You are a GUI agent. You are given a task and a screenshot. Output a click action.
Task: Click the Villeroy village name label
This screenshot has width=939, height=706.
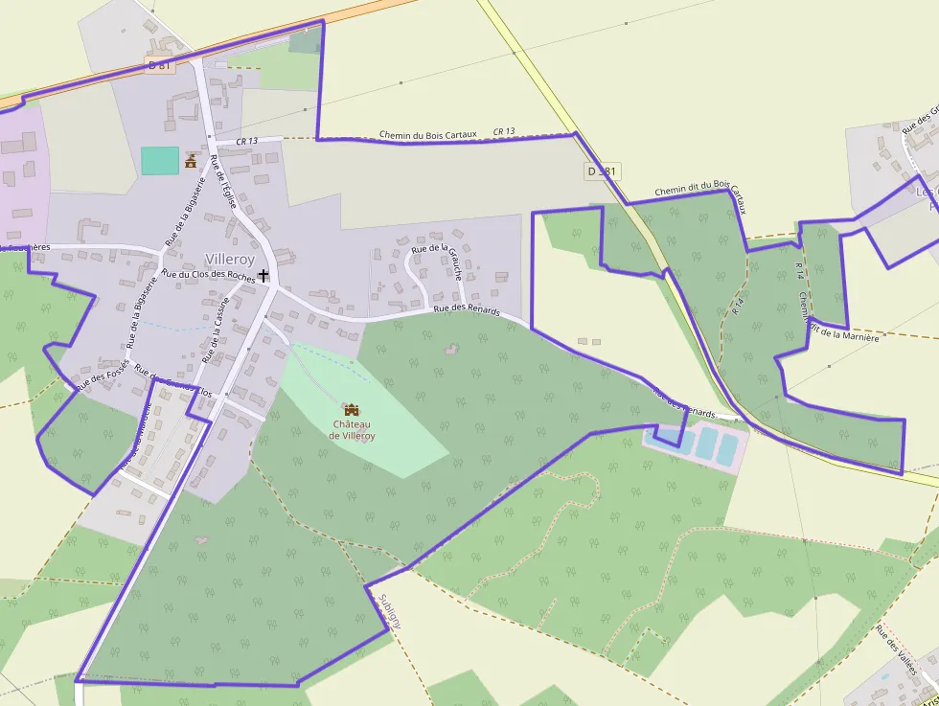point(230,260)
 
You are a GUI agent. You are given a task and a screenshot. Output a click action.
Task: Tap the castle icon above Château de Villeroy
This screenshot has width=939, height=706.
point(352,409)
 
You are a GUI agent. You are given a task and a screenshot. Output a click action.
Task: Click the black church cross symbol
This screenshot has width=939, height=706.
point(263,275)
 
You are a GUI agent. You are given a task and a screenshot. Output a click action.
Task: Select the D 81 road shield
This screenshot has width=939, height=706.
point(160,65)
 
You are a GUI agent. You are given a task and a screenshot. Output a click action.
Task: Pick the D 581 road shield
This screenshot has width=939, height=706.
point(602,171)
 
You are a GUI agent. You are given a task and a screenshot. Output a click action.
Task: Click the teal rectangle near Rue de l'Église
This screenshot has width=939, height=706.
point(160,160)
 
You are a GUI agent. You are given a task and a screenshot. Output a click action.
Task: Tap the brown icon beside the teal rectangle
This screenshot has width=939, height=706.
point(191,160)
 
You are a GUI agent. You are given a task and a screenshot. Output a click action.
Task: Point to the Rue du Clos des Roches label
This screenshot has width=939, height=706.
point(208,275)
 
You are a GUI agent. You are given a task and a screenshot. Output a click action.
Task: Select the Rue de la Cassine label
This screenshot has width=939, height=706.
point(215,330)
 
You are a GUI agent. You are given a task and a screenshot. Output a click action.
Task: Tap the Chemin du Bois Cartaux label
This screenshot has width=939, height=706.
point(427,135)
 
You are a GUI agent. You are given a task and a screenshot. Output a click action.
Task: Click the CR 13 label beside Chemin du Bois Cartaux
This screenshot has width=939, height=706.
point(504,131)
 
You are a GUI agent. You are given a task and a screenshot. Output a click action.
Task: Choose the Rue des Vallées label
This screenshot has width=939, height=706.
point(896,650)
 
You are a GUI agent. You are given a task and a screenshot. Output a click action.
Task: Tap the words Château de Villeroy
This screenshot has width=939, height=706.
point(352,429)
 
